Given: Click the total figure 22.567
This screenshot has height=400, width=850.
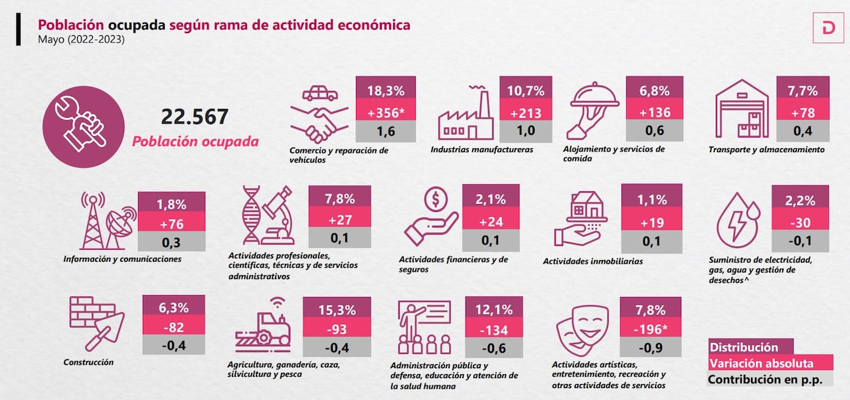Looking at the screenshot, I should [x=195, y=117].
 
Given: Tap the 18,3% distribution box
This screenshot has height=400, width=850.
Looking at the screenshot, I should [x=386, y=90].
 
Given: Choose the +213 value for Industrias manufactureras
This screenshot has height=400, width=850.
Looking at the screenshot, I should [x=525, y=112].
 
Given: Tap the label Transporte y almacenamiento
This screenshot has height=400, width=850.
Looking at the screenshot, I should [x=766, y=150].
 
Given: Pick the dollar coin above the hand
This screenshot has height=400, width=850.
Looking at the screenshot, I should [x=436, y=198].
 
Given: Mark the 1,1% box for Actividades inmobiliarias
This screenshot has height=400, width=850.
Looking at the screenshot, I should [x=651, y=199].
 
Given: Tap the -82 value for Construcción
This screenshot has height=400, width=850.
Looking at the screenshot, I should [x=173, y=327].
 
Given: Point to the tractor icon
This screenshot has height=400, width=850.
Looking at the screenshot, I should [x=264, y=328].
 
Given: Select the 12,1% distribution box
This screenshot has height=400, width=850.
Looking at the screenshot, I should [x=495, y=309].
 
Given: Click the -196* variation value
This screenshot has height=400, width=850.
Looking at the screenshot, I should [x=651, y=328].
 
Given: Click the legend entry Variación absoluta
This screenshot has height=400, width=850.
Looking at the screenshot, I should [x=760, y=363].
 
